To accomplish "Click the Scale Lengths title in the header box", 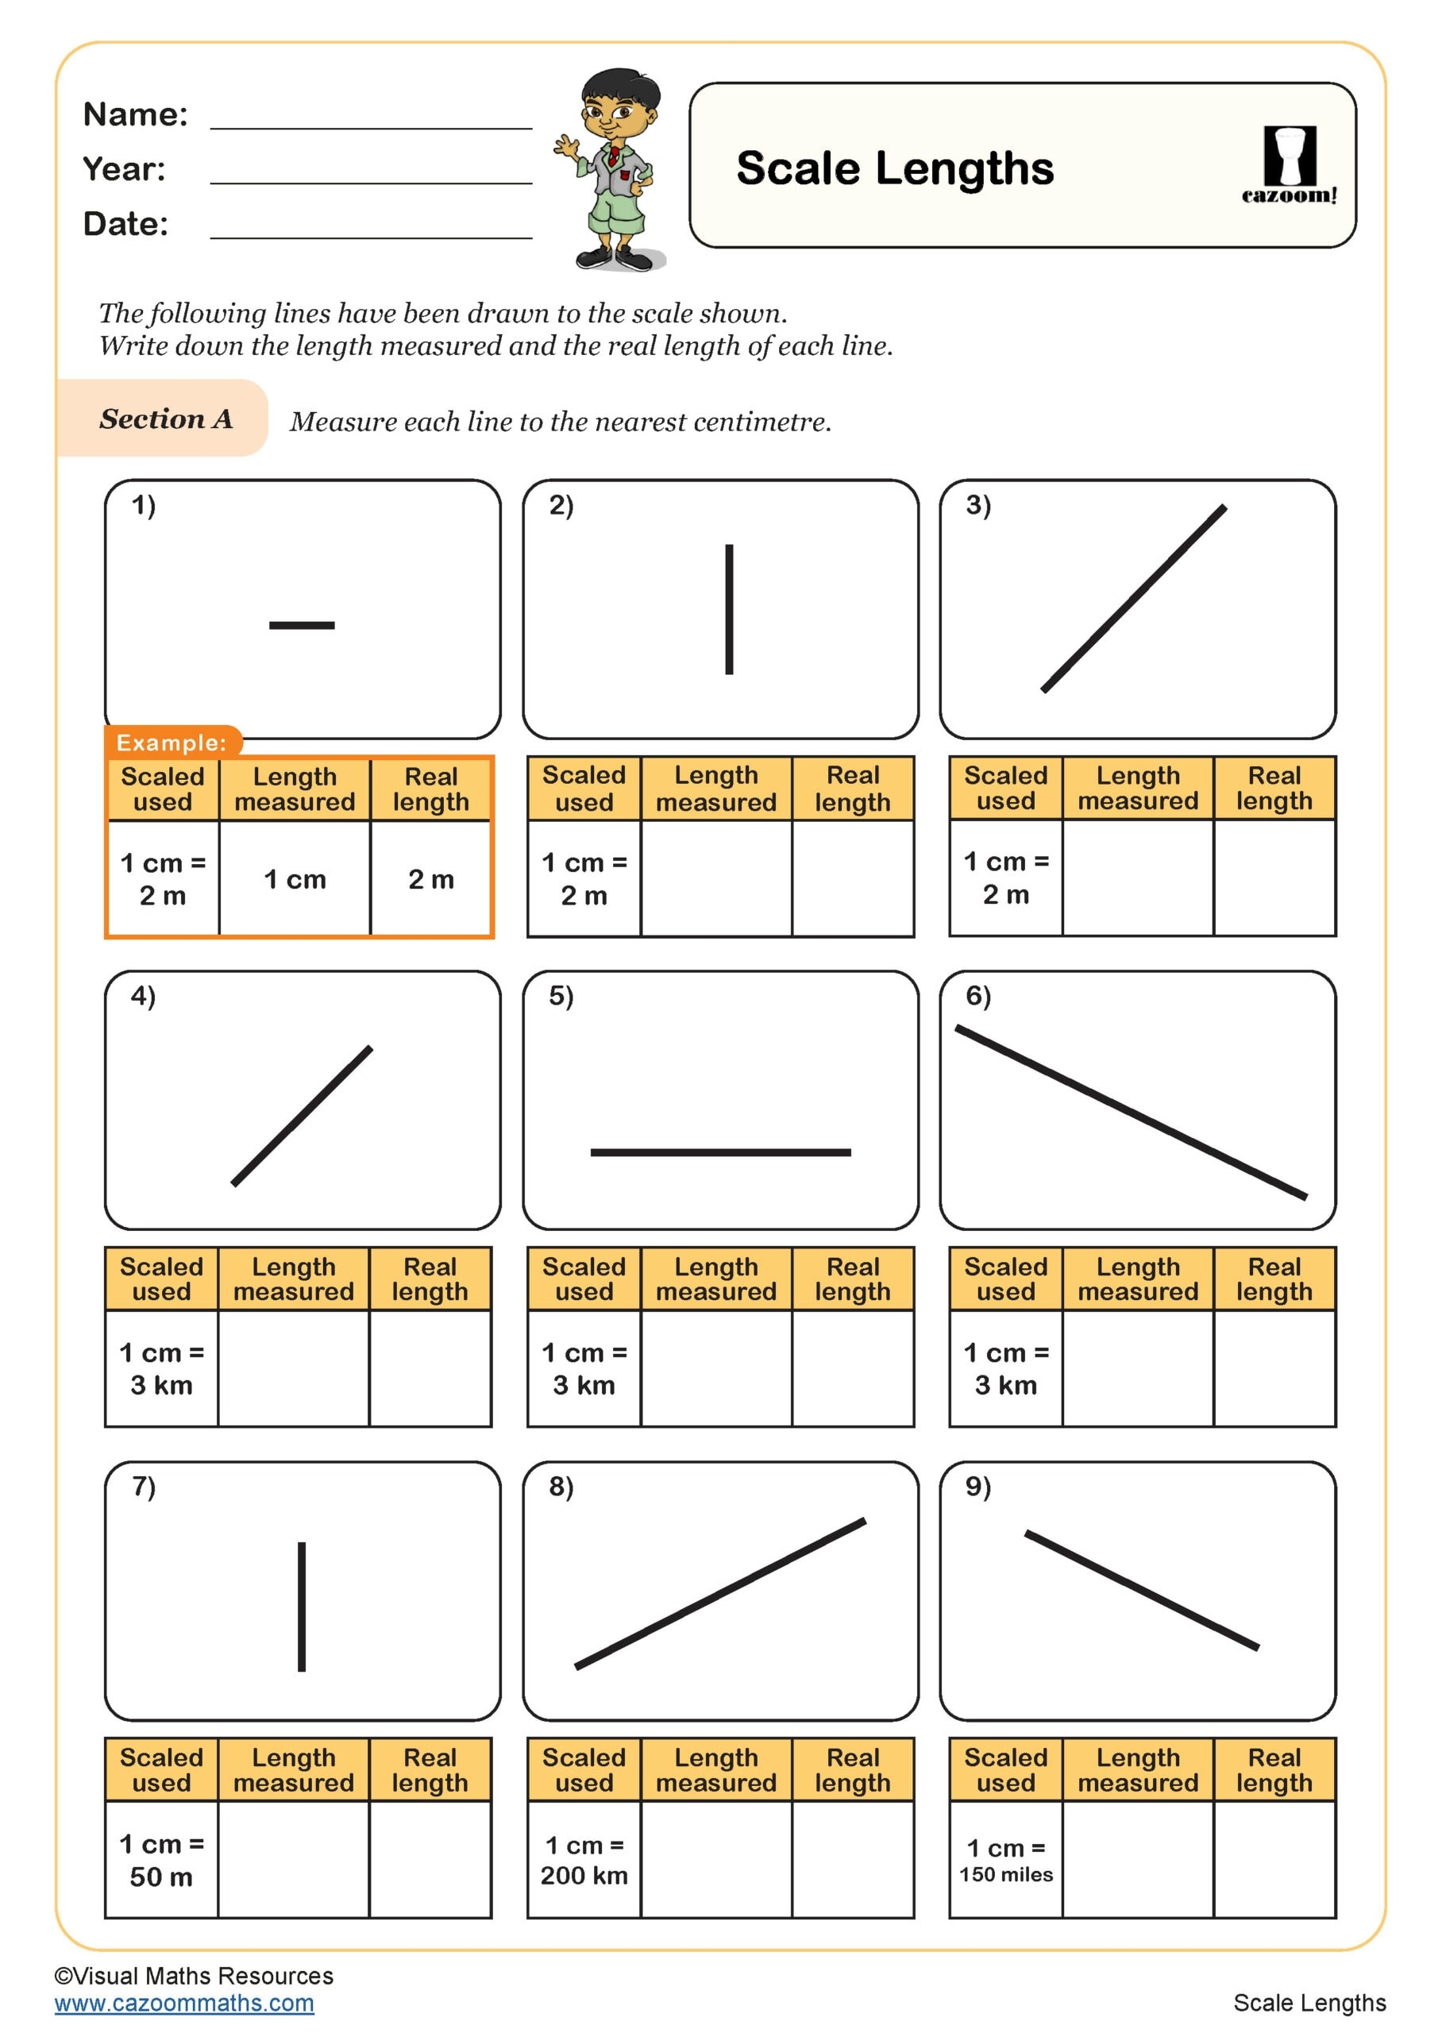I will (x=894, y=168).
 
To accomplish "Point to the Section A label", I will (x=165, y=419).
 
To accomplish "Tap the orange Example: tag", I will (x=172, y=743).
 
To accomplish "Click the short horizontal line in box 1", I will (x=302, y=625).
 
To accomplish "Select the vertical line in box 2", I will (x=729, y=609).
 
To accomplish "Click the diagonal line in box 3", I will (x=1134, y=598).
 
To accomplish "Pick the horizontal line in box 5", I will (x=720, y=1152).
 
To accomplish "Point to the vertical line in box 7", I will (x=302, y=1607).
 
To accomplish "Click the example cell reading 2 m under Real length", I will (x=430, y=879).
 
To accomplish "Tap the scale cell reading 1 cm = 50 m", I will (x=162, y=1859).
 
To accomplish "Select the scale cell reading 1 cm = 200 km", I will (x=584, y=1859).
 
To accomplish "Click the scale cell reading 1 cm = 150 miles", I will (x=1005, y=1859).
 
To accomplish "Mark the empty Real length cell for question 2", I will (x=852, y=878).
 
